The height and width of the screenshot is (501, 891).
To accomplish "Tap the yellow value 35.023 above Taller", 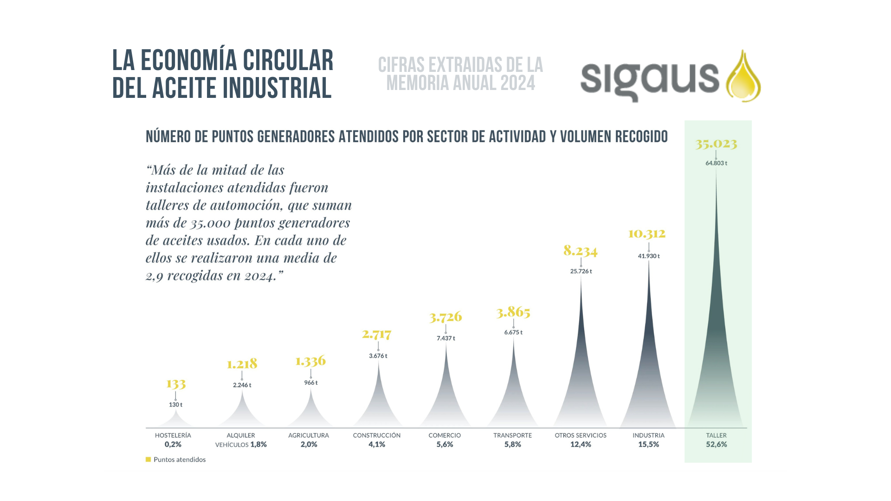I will [716, 144].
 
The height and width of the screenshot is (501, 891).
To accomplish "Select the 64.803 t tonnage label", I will [716, 163].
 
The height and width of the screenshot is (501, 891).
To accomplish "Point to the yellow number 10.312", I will [647, 233].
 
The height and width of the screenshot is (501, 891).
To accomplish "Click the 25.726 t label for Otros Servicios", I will [581, 271].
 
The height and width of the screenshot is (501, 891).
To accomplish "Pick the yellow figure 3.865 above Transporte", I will [513, 312].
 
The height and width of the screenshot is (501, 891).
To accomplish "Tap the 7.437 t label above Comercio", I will [445, 339].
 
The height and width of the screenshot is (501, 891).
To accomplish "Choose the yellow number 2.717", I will [377, 334].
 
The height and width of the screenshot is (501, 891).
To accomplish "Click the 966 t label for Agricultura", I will [311, 383].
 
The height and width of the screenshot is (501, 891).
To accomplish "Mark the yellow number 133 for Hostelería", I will [176, 384].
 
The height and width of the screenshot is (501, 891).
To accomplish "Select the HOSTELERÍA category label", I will [173, 436].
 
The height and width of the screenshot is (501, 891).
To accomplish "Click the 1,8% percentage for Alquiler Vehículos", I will [258, 444].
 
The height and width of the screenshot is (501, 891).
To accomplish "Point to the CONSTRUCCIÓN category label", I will [377, 436].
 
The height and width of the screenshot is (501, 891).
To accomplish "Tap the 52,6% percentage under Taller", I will [717, 444].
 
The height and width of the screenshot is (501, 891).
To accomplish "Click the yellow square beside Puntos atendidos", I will [148, 460].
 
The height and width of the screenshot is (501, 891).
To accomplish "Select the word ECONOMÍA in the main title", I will [189, 61].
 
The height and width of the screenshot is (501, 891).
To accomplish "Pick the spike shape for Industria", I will [648, 371].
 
